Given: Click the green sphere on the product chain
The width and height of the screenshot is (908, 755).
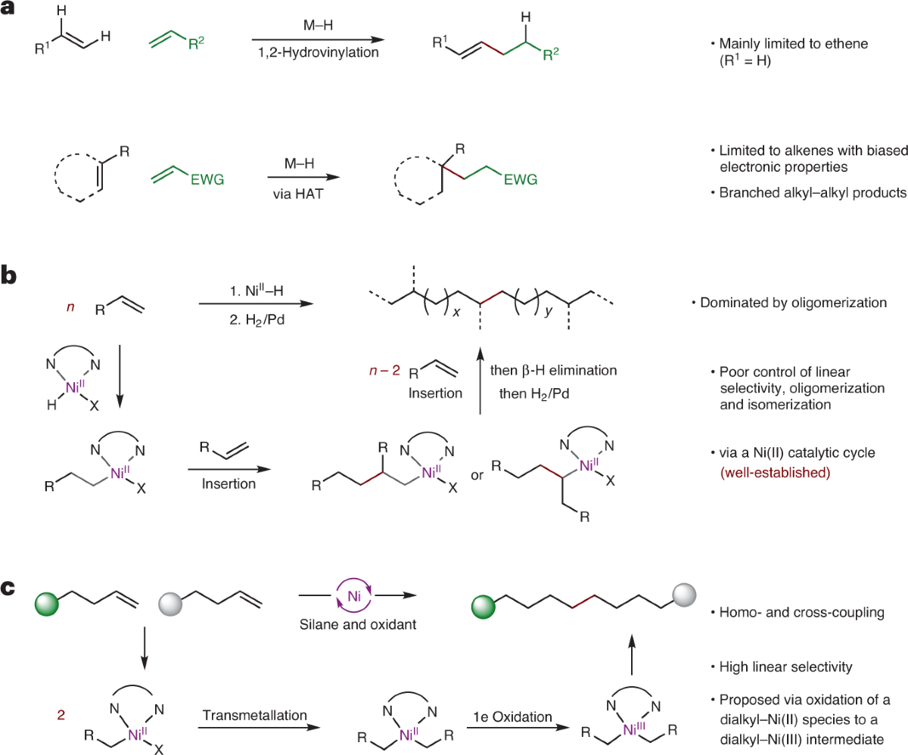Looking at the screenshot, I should coord(482,605).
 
